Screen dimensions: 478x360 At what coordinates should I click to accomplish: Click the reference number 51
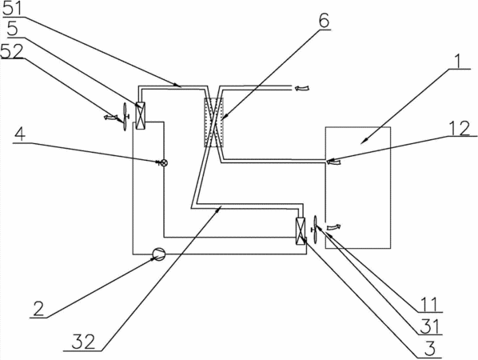(13, 9)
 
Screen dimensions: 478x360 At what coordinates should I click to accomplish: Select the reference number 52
(12, 51)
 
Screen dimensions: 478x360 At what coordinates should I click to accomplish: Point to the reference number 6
(324, 21)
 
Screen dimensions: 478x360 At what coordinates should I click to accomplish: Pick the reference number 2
(38, 309)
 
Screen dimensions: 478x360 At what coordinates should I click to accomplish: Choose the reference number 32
(83, 342)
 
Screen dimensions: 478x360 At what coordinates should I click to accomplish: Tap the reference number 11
(429, 304)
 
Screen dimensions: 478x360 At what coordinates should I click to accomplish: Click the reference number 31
(429, 326)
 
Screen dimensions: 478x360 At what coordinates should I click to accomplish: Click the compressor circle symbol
(158, 254)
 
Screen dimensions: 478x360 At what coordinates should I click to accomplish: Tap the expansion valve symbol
(163, 163)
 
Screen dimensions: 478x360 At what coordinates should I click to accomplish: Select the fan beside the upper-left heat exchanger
(125, 117)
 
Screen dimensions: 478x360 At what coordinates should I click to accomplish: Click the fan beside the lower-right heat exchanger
(315, 230)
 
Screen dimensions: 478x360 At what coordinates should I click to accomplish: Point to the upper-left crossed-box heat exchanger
(140, 116)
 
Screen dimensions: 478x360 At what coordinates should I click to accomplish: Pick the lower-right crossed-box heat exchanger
(301, 231)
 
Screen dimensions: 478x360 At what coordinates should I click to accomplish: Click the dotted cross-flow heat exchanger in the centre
(213, 122)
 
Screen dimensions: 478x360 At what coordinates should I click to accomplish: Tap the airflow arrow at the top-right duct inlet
(302, 88)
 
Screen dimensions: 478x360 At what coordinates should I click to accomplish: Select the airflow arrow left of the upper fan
(110, 117)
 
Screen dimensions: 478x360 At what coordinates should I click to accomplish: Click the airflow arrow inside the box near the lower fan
(333, 226)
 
